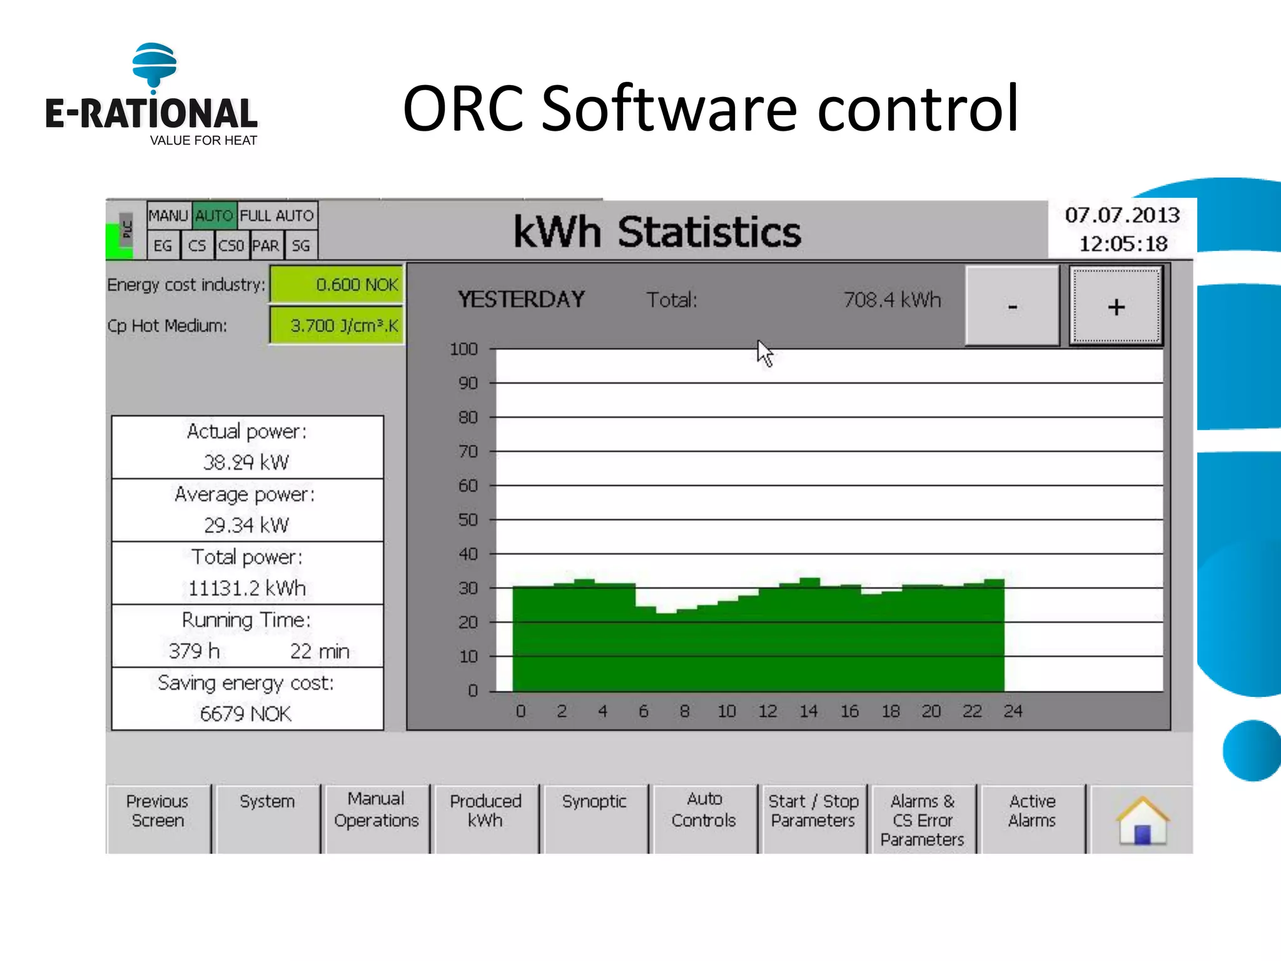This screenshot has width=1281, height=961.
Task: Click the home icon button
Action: [x=1142, y=820]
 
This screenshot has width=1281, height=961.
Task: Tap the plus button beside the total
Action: [x=1116, y=306]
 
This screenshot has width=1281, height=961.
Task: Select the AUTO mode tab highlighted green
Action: [x=214, y=216]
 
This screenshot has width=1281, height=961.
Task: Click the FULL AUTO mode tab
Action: [x=277, y=216]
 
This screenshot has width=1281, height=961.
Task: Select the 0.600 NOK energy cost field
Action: [x=337, y=285]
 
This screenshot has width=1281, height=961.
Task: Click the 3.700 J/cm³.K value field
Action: [x=337, y=325]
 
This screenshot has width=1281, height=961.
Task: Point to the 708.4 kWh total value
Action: [x=892, y=300]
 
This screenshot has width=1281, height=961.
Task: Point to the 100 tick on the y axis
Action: [x=463, y=349]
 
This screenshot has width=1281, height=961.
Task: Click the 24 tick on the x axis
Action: [x=1013, y=711]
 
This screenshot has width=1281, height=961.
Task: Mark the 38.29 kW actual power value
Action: [x=246, y=462]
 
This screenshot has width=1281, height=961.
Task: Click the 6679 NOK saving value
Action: [x=246, y=713]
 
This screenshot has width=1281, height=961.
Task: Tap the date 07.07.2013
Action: [x=1122, y=215]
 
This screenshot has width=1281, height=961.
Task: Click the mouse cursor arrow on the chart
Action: [x=764, y=352]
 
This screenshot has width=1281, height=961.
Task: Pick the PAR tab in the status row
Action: [x=266, y=246]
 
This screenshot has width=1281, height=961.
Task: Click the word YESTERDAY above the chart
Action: [x=521, y=300]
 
